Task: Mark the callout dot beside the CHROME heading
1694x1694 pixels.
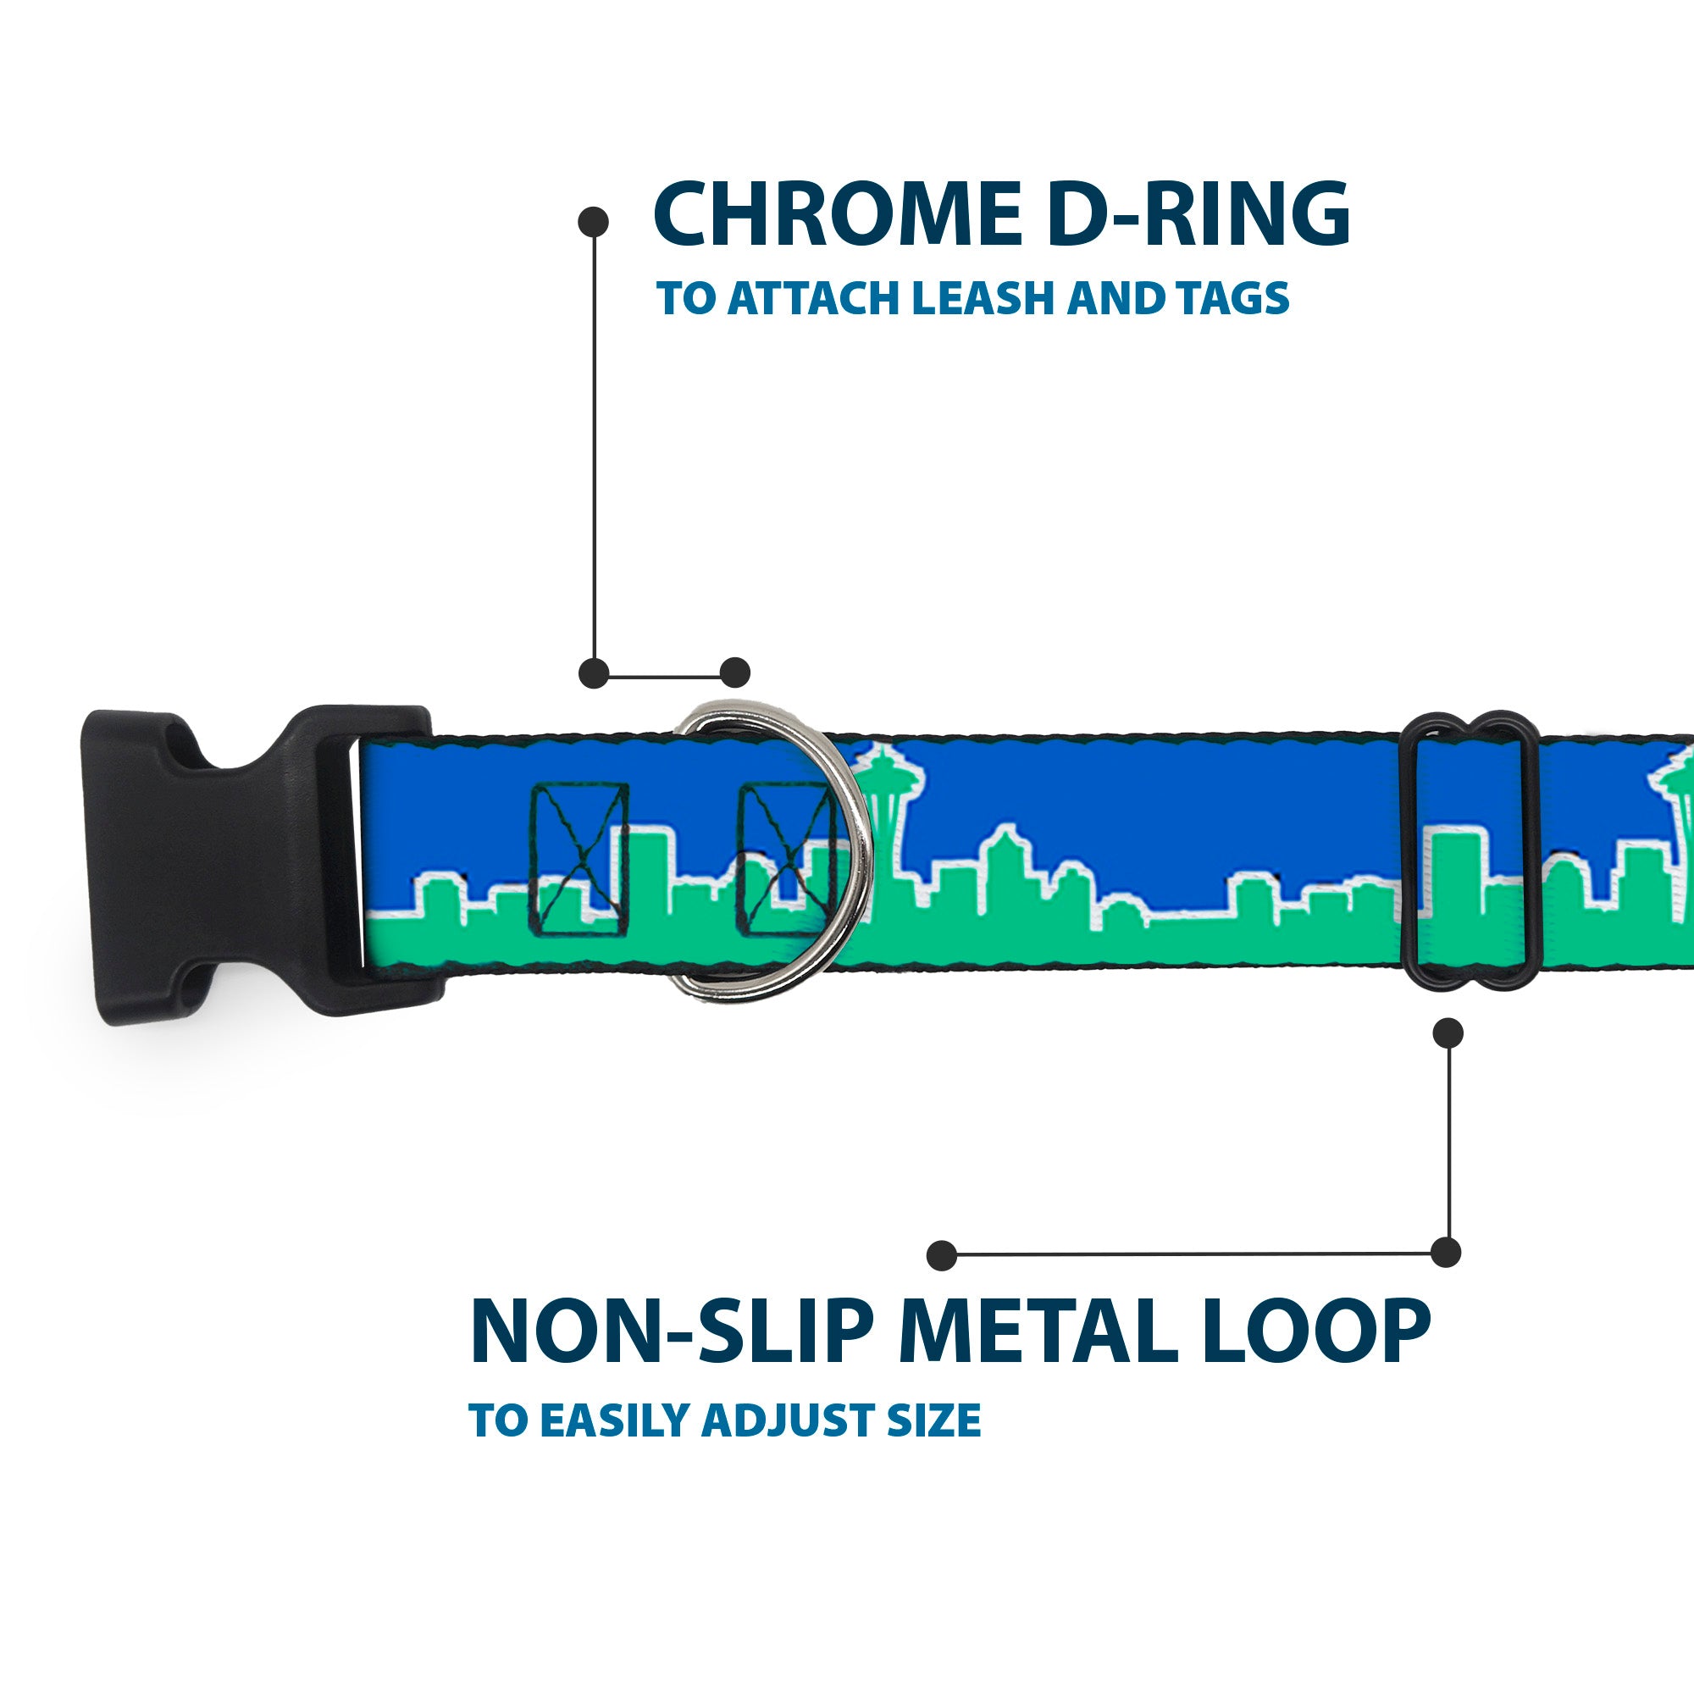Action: point(594,221)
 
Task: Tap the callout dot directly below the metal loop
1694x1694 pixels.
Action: point(1448,1032)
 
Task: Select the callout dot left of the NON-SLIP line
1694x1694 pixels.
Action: point(942,1254)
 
